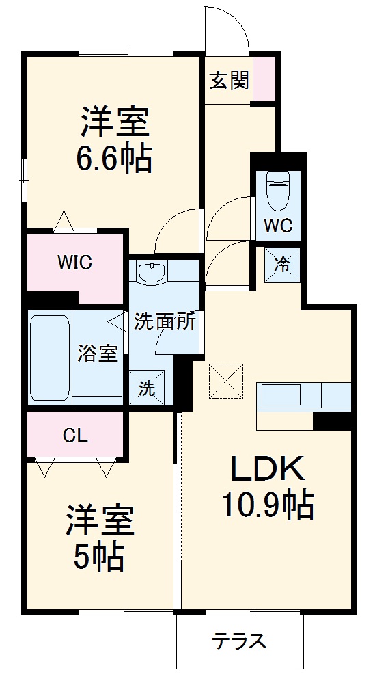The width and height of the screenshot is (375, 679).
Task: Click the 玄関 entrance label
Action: click(x=230, y=80)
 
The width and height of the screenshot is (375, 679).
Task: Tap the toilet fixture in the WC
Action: click(x=278, y=191)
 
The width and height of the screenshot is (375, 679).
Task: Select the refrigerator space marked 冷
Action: click(x=282, y=265)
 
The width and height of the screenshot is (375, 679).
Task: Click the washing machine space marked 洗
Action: click(x=147, y=387)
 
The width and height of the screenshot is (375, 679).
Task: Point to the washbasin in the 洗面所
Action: click(x=152, y=273)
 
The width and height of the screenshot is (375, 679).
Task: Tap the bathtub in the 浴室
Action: click(x=50, y=358)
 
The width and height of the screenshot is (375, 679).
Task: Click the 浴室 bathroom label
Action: click(x=97, y=354)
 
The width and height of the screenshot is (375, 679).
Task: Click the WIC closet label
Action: click(x=75, y=263)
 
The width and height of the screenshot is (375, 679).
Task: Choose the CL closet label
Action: click(x=75, y=436)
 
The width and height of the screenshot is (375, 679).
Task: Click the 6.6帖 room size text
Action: click(x=114, y=159)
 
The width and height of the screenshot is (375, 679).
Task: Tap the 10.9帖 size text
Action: click(x=268, y=506)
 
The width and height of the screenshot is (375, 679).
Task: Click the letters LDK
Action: click(x=267, y=468)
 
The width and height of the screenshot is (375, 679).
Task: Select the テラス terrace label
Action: click(x=239, y=640)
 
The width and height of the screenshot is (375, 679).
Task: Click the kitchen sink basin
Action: click(x=281, y=395)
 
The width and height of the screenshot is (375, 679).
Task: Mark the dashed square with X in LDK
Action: click(x=226, y=380)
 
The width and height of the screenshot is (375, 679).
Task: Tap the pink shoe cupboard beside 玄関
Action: click(x=264, y=79)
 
